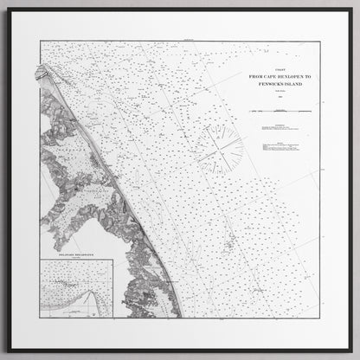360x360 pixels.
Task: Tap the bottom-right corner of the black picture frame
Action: [x=349, y=350]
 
